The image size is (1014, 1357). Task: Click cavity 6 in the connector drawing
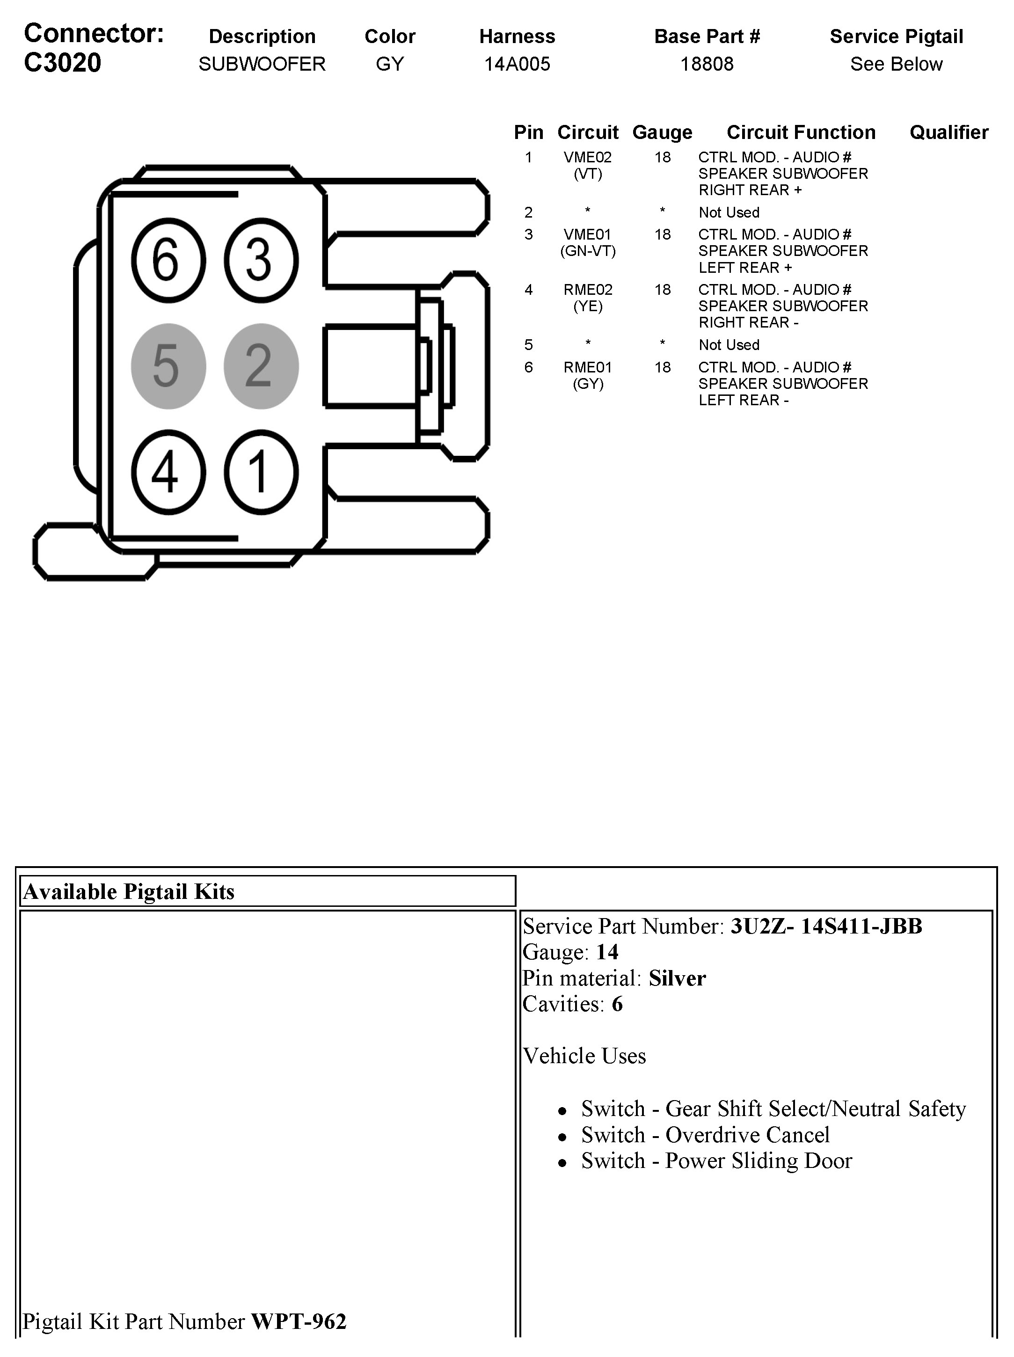coord(168,260)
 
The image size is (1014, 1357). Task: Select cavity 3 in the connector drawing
coord(261,260)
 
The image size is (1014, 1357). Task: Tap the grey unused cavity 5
coord(168,366)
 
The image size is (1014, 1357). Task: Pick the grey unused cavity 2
coord(261,366)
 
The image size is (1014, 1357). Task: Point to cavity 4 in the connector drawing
coord(168,472)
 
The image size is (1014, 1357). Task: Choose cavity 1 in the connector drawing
coord(261,472)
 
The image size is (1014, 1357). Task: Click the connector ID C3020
coord(63,63)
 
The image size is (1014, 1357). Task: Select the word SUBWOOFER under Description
coord(262,64)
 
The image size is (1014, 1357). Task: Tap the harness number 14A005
coord(517,64)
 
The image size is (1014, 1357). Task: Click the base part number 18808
coord(707,64)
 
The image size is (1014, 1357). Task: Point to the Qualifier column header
coord(948,132)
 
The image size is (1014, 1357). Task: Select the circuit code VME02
coord(588,158)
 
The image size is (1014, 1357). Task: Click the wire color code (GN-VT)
coord(588,251)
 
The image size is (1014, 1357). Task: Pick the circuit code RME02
coord(588,290)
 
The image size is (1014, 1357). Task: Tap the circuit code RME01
coord(588,367)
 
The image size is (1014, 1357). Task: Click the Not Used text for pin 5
coord(729,345)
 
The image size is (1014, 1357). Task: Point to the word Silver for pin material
coord(677,978)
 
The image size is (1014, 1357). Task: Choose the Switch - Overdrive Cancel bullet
coord(706,1135)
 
